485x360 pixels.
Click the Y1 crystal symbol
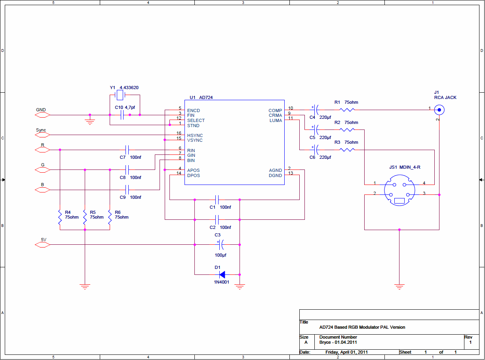point(120,95)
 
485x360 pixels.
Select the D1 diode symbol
point(222,275)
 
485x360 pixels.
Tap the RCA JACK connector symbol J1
point(439,110)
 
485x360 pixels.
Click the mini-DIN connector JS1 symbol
point(399,190)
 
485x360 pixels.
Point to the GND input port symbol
point(42,115)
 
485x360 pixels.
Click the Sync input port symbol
point(42,135)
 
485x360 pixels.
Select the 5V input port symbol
point(42,245)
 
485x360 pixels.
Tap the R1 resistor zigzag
point(347,110)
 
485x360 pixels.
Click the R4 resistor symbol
point(60,217)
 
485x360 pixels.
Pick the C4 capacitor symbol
point(315,110)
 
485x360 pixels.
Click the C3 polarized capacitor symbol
point(221,245)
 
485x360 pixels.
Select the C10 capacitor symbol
point(122,115)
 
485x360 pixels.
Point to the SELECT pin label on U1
point(196,120)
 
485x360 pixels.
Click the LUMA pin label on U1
point(276,120)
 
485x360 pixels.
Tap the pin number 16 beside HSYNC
point(179,133)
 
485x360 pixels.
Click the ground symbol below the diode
point(240,286)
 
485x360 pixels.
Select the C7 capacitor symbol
point(127,150)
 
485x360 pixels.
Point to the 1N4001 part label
point(221,282)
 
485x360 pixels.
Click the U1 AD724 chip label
point(201,97)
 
